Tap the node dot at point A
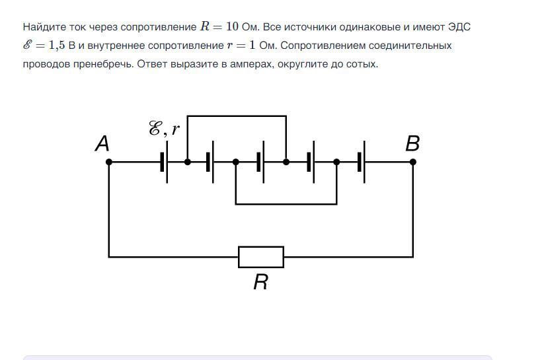click(109, 162)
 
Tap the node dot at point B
click(412, 162)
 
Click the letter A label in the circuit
click(102, 144)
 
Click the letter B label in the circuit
click(412, 143)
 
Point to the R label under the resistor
click(260, 282)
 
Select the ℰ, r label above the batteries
click(164, 129)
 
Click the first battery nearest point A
click(164, 162)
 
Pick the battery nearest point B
click(361, 162)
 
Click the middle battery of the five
click(260, 162)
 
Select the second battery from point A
click(210, 162)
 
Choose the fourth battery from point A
click(311, 162)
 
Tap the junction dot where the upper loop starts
click(187, 162)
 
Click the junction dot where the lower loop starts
click(236, 162)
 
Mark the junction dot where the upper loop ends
click(286, 162)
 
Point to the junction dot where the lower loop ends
click(336, 162)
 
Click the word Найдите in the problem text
click(44, 27)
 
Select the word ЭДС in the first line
click(459, 27)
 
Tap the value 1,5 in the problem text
click(57, 46)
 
